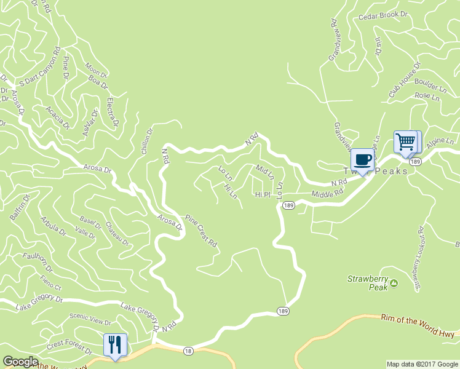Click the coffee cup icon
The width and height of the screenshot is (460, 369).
coord(363,159)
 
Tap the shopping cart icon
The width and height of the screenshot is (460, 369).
coord(406,142)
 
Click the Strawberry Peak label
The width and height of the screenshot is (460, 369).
coord(367,282)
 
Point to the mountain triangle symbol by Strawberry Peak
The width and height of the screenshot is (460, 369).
coord(394,283)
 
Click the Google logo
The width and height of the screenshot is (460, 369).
coord(21,362)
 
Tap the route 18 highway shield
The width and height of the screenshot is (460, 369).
coord(187,350)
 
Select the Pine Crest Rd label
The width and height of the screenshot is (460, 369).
coord(202,231)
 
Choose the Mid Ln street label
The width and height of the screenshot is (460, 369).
coord(264,172)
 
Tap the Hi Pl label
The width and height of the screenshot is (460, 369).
coord(263,194)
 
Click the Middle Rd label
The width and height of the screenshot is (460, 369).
coord(327,194)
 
